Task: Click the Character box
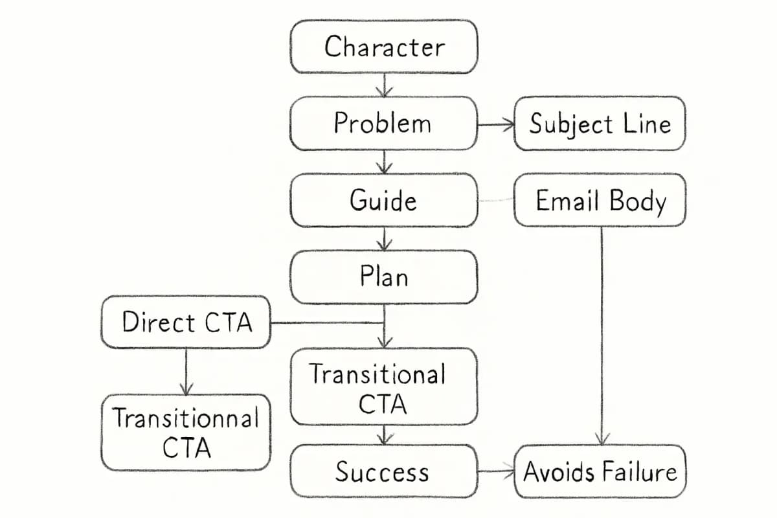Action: click(x=384, y=47)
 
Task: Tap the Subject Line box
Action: click(x=600, y=123)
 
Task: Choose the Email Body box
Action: click(x=600, y=200)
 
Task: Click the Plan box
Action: click(x=384, y=276)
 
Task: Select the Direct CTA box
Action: click(x=186, y=322)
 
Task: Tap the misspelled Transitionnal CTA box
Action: click(x=186, y=432)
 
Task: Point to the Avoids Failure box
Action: click(x=600, y=471)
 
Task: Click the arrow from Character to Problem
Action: click(x=385, y=85)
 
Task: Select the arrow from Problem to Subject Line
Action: click(x=495, y=124)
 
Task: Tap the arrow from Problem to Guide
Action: click(x=385, y=162)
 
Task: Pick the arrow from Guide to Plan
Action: click(x=385, y=238)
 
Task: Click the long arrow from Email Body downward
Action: click(x=602, y=337)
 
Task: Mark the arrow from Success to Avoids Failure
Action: click(x=495, y=471)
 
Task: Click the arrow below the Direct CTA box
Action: click(x=186, y=371)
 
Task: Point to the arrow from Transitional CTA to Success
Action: click(x=385, y=434)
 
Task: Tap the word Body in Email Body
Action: click(x=640, y=201)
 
